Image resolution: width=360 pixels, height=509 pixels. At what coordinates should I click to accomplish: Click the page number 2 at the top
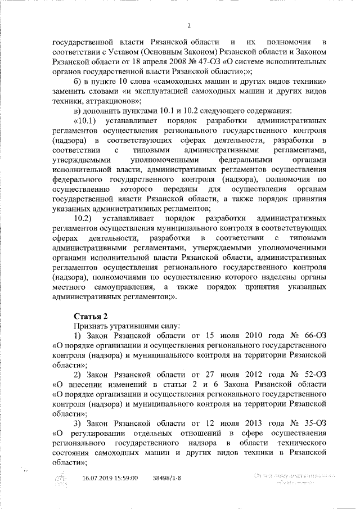[x=190, y=25]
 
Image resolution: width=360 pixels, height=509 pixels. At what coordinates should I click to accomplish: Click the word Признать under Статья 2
[x=90, y=325]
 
